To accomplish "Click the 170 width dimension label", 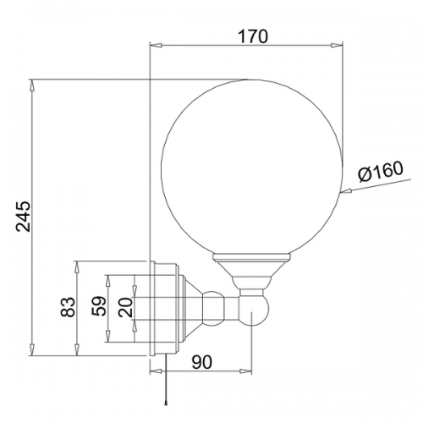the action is pos(253,36).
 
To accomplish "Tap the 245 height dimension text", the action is pos(23,217).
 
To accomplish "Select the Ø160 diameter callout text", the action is pos(381,172).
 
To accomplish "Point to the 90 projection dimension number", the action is pos(201,362).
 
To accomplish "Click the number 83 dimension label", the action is pos(69,307).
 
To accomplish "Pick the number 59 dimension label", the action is pos(99,305).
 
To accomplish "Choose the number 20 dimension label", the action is pos(125,307).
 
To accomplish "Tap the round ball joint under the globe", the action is pos(253,310).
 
